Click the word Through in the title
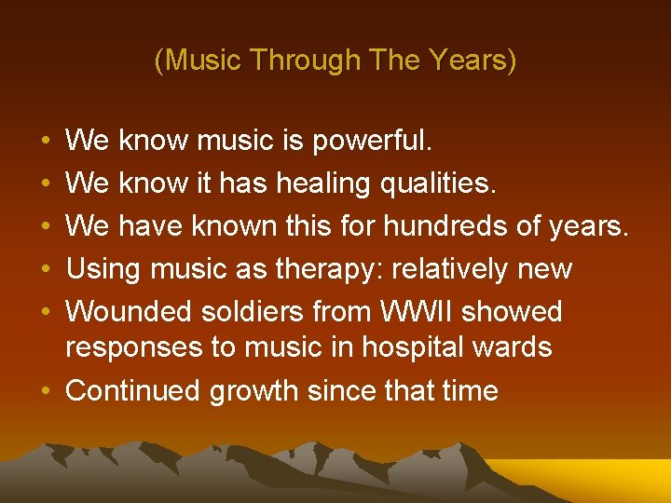[x=307, y=61]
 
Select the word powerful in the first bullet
[x=372, y=141]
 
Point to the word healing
[x=322, y=184]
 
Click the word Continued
[x=133, y=390]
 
